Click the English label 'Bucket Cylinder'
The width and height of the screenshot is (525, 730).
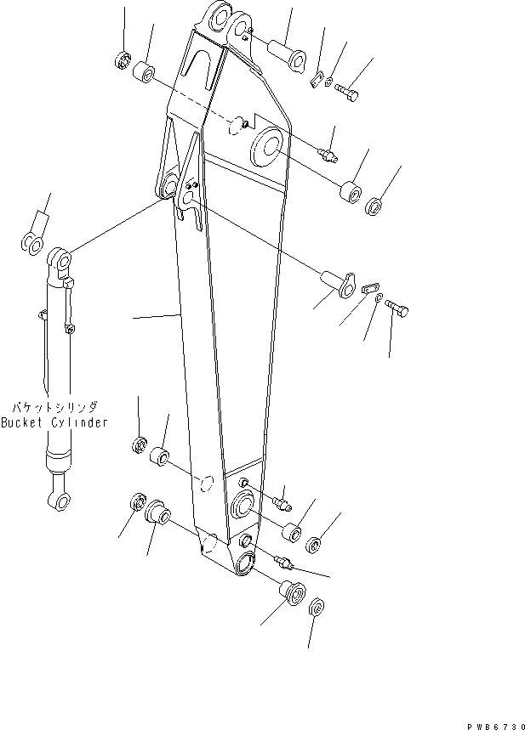tap(54, 422)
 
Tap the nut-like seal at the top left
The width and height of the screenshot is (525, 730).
tap(121, 60)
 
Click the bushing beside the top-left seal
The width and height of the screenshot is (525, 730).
tap(146, 73)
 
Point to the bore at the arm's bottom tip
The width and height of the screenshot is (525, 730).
tap(246, 562)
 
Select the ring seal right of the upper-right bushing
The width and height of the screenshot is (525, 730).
tap(374, 207)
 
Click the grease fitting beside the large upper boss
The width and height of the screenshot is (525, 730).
tap(328, 154)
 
